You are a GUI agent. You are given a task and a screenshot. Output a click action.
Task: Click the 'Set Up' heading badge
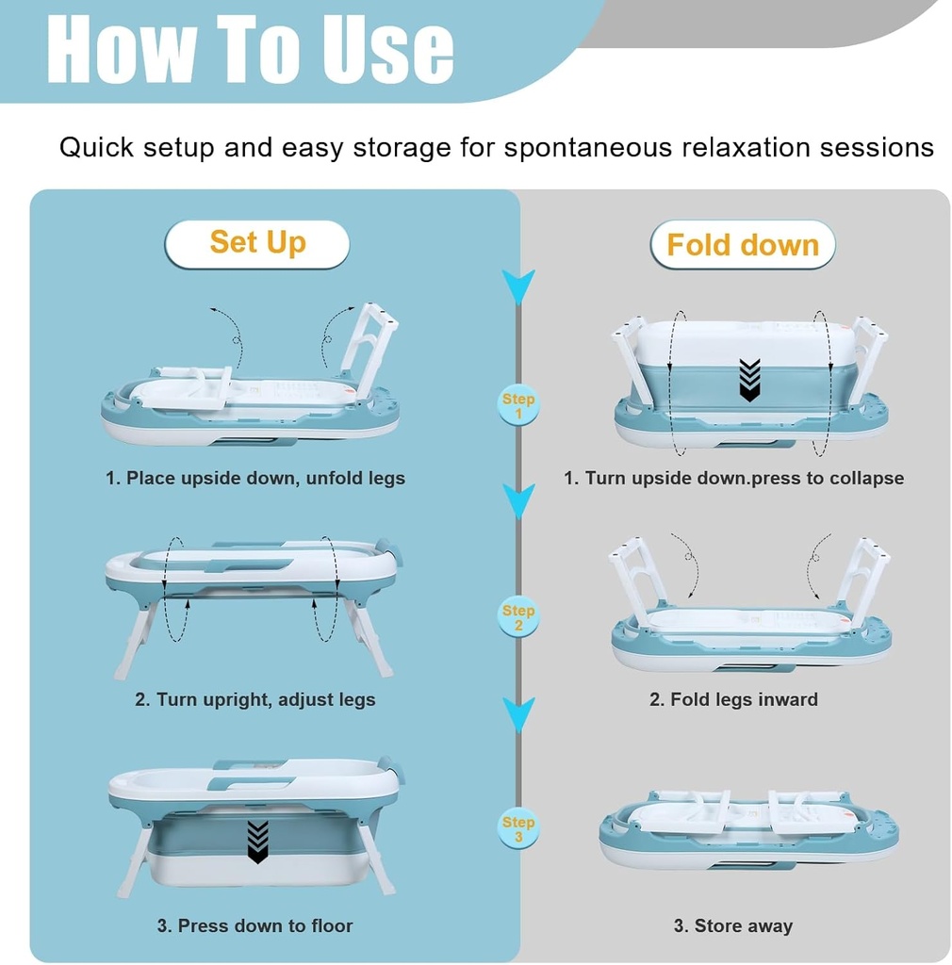click(x=256, y=243)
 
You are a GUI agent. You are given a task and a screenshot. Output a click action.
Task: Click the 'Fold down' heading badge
click(x=742, y=246)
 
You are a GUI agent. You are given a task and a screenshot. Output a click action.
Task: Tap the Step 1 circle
click(x=518, y=406)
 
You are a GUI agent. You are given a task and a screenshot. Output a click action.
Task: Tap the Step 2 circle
click(x=518, y=618)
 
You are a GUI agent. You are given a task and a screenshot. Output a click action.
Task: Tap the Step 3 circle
click(x=518, y=829)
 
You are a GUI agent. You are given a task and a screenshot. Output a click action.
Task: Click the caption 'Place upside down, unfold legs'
click(x=255, y=479)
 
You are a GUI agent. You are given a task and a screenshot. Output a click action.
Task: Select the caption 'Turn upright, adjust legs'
click(x=255, y=700)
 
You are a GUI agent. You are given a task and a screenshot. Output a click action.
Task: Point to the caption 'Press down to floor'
click(x=255, y=926)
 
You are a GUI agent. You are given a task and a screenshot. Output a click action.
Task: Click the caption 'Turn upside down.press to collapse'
click(x=733, y=479)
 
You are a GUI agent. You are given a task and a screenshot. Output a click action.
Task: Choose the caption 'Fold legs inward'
click(x=733, y=700)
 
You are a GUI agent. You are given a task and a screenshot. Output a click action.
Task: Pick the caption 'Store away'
click(x=733, y=926)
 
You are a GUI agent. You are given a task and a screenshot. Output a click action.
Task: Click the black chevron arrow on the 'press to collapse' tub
click(x=749, y=379)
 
